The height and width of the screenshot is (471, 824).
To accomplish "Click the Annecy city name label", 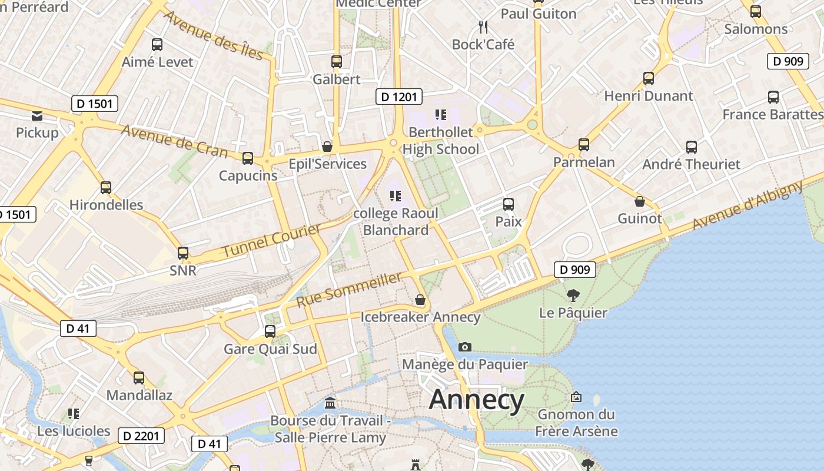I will tap(476, 400).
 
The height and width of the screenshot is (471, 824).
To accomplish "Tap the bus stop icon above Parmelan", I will tap(584, 144).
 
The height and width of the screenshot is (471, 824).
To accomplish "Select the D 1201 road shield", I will tap(399, 97).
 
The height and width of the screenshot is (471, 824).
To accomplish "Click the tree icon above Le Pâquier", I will tap(573, 295).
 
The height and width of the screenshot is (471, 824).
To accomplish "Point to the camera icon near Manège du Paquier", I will tap(465, 347).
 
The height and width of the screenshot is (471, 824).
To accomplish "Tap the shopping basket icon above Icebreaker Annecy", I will tap(420, 300).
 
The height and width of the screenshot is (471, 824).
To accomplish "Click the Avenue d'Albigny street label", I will tap(747, 205).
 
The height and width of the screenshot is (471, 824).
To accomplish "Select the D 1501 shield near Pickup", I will tap(95, 104).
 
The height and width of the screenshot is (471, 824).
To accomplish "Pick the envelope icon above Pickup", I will tap(37, 115).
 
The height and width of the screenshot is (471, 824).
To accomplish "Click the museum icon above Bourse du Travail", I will tap(331, 403).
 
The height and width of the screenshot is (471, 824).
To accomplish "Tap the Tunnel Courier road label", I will tap(271, 240).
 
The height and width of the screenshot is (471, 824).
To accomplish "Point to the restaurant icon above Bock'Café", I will tap(483, 26).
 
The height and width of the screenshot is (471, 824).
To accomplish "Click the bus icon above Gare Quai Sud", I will tap(270, 331).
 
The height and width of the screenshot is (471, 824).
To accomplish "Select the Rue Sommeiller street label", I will tap(349, 289).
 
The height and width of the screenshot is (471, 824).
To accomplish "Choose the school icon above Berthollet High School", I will tap(440, 115).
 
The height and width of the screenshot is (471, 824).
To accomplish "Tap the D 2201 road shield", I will tap(141, 436).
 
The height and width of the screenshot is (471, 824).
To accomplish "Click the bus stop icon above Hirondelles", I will tap(106, 188).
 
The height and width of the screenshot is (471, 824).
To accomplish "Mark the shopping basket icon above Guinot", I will tap(640, 201).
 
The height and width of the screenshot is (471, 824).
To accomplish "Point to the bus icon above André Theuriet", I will tap(692, 147).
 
